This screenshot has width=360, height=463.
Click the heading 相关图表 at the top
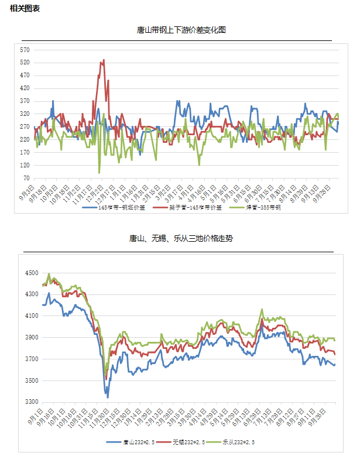tap(25, 8)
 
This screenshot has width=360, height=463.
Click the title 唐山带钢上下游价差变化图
tap(181, 30)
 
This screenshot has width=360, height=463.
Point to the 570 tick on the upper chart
tap(25, 50)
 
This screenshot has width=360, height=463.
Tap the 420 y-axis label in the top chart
tap(25, 88)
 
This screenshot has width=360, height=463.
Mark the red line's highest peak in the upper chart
tap(104, 60)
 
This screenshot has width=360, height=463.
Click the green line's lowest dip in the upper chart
tap(100, 173)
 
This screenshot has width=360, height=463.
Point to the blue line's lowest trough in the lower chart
tap(108, 397)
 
